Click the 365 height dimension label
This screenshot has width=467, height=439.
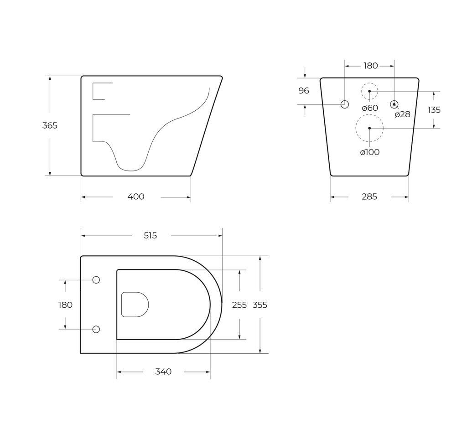(50, 125)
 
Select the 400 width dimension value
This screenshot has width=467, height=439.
(136, 197)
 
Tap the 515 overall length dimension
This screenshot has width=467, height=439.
(150, 236)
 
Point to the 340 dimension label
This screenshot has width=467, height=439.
(163, 372)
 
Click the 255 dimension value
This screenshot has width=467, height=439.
(239, 305)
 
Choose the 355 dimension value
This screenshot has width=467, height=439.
(260, 305)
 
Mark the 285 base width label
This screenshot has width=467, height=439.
(369, 197)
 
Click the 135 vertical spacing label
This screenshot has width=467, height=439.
(434, 110)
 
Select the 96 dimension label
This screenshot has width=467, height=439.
(304, 91)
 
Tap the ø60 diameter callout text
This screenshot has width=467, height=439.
(370, 108)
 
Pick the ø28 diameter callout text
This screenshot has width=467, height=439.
(402, 114)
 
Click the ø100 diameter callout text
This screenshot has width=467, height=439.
(370, 152)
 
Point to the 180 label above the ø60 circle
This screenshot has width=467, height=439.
(371, 66)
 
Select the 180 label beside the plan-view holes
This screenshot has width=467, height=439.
(65, 305)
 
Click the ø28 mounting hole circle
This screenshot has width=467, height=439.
(394, 104)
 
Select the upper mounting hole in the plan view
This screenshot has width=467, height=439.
(96, 280)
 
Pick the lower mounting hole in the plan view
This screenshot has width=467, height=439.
(96, 330)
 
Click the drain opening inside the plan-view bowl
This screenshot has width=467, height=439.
(135, 305)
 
